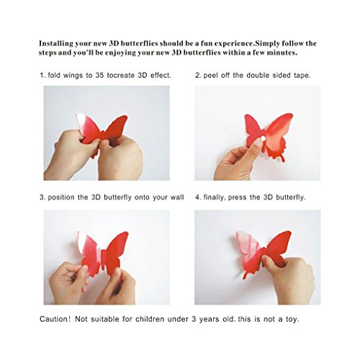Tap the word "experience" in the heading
233,44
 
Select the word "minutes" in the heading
282,53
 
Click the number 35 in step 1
99,76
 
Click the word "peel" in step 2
211,76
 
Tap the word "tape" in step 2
302,76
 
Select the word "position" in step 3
61,197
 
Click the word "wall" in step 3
177,197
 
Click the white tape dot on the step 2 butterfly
263,139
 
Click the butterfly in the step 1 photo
103,131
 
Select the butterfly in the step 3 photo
102,252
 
